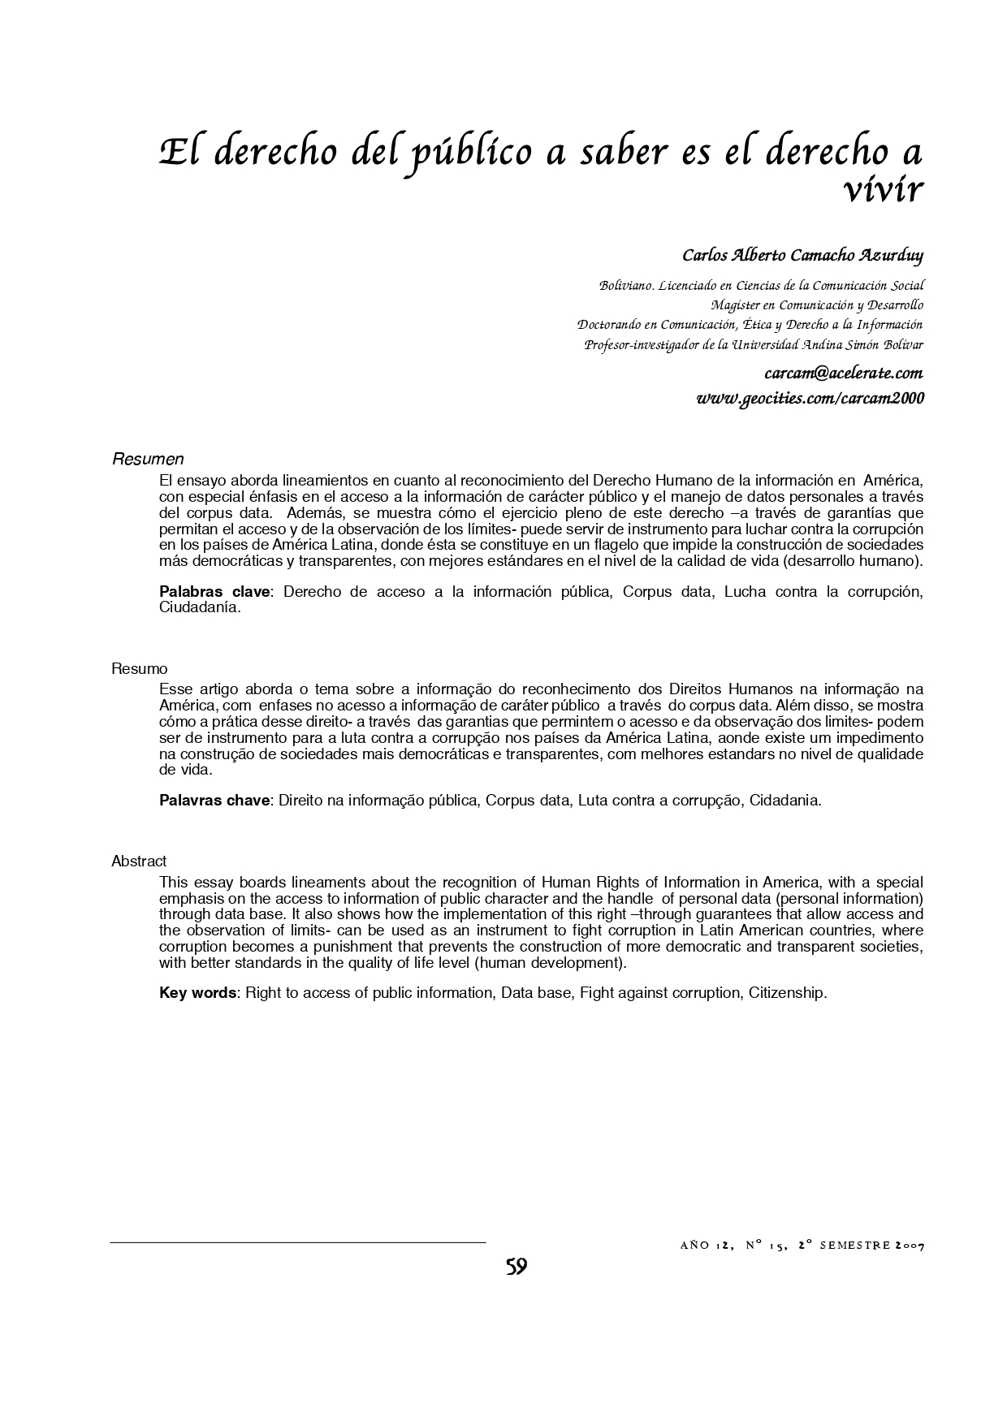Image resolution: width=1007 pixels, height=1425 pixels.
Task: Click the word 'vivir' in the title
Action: click(883, 191)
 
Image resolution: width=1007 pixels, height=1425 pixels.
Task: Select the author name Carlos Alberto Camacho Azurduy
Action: click(802, 256)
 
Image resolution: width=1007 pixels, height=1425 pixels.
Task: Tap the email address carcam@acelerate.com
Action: click(843, 374)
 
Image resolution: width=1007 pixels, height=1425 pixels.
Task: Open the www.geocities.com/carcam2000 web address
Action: click(810, 399)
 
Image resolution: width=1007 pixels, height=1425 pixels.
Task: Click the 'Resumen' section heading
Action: click(148, 460)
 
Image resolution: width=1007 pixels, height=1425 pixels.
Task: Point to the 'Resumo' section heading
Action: click(140, 669)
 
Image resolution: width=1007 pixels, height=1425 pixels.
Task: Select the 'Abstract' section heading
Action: click(139, 861)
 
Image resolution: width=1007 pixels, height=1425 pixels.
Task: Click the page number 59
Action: click(516, 1267)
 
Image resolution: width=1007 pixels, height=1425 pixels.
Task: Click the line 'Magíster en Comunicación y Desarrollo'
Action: click(817, 306)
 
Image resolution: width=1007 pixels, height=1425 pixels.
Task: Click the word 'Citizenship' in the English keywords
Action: click(787, 993)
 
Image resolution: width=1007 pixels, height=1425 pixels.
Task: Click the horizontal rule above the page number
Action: click(297, 1242)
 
